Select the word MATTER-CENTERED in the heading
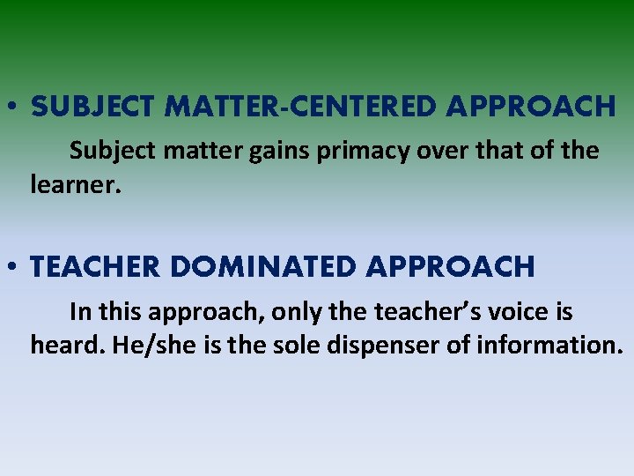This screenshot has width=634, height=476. tap(300, 108)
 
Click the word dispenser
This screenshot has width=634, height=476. tap(382, 345)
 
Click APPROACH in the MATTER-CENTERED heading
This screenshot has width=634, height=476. tap(530, 108)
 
